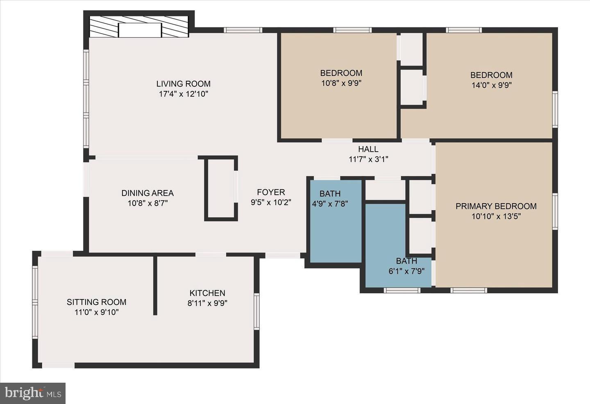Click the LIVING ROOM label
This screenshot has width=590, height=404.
click(183, 84)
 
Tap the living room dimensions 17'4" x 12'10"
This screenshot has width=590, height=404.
click(183, 94)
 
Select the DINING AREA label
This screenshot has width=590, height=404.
click(147, 193)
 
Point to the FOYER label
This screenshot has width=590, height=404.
click(271, 192)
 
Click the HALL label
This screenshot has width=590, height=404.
click(368, 149)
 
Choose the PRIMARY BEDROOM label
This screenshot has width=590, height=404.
click(496, 206)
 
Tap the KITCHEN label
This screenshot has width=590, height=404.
click(207, 293)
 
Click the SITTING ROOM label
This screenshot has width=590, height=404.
click(96, 302)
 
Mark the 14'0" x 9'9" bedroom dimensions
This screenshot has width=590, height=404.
click(491, 85)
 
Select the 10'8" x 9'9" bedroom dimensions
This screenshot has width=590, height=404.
click(341, 83)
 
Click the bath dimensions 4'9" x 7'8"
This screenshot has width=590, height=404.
click(330, 203)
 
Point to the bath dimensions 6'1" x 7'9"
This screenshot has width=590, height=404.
click(406, 271)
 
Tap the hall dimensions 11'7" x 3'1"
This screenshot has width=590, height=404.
click(368, 159)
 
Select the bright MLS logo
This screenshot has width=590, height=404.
click(32, 393)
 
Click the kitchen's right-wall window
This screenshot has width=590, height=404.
click(256, 311)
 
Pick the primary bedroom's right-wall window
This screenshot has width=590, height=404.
click(555, 211)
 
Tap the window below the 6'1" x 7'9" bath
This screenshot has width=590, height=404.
click(402, 290)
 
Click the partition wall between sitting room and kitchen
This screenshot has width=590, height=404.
click(155, 285)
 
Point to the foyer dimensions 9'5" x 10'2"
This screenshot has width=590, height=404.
click(271, 202)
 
